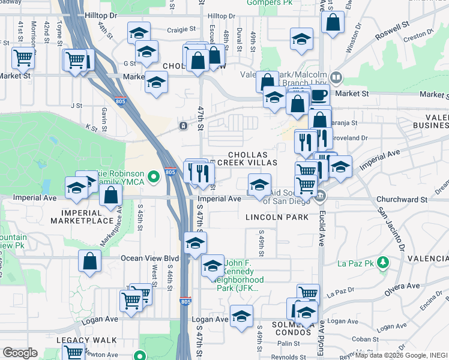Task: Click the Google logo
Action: tap(20, 353)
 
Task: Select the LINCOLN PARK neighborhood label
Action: tap(277, 217)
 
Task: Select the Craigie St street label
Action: tap(176, 28)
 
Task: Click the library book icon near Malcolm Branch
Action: tap(337, 77)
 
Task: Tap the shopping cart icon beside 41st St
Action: tap(23, 58)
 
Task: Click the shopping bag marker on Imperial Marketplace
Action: tap(111, 195)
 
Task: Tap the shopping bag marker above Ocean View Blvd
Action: tap(89, 261)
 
